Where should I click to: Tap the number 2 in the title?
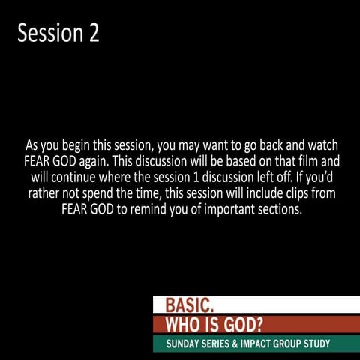93,34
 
